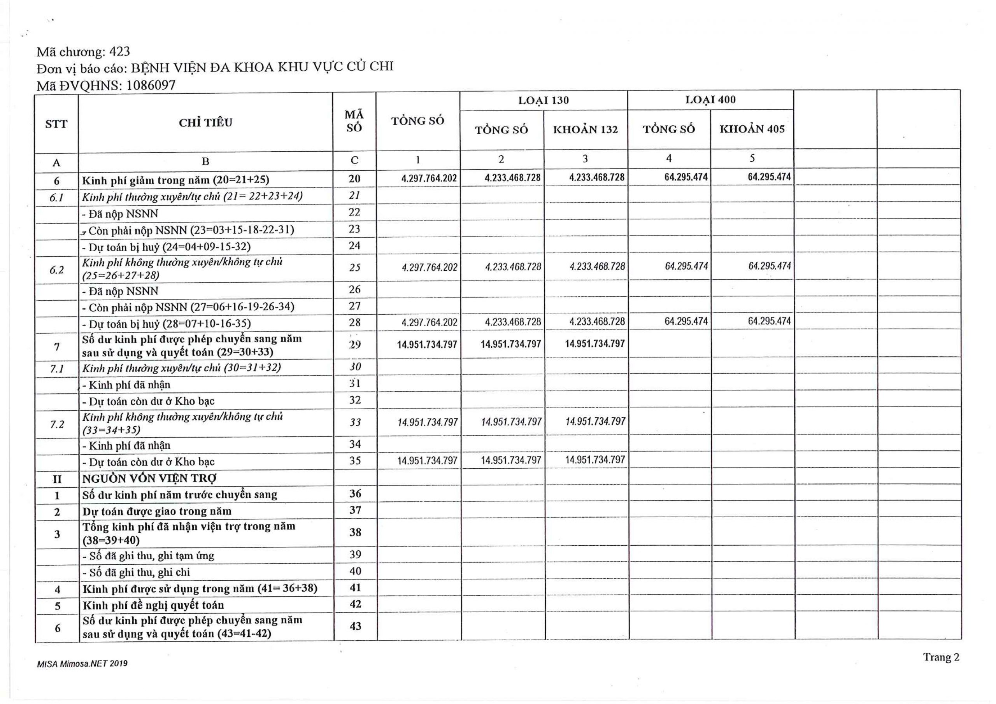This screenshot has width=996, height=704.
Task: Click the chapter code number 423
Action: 119,52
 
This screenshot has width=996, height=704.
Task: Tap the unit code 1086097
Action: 151,85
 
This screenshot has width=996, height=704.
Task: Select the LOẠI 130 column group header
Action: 543,101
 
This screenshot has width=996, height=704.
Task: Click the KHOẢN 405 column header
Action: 752,129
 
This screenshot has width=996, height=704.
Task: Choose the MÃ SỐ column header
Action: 354,121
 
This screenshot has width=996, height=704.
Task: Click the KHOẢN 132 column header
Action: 585,130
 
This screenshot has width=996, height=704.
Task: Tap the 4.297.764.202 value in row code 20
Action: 429,178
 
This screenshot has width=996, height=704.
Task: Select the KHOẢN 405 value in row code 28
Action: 769,321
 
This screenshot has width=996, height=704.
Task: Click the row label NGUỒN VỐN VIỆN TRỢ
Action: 150,478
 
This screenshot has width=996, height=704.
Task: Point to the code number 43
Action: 355,626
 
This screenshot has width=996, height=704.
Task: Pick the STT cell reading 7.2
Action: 57,424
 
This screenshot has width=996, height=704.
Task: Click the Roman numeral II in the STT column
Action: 57,479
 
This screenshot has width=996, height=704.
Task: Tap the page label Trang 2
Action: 941,657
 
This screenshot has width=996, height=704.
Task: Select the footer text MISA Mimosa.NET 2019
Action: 82,664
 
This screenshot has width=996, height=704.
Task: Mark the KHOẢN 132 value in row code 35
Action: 595,460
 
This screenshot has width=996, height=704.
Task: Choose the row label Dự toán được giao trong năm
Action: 157,511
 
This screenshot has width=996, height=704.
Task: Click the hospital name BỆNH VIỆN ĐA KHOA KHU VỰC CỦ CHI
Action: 263,67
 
